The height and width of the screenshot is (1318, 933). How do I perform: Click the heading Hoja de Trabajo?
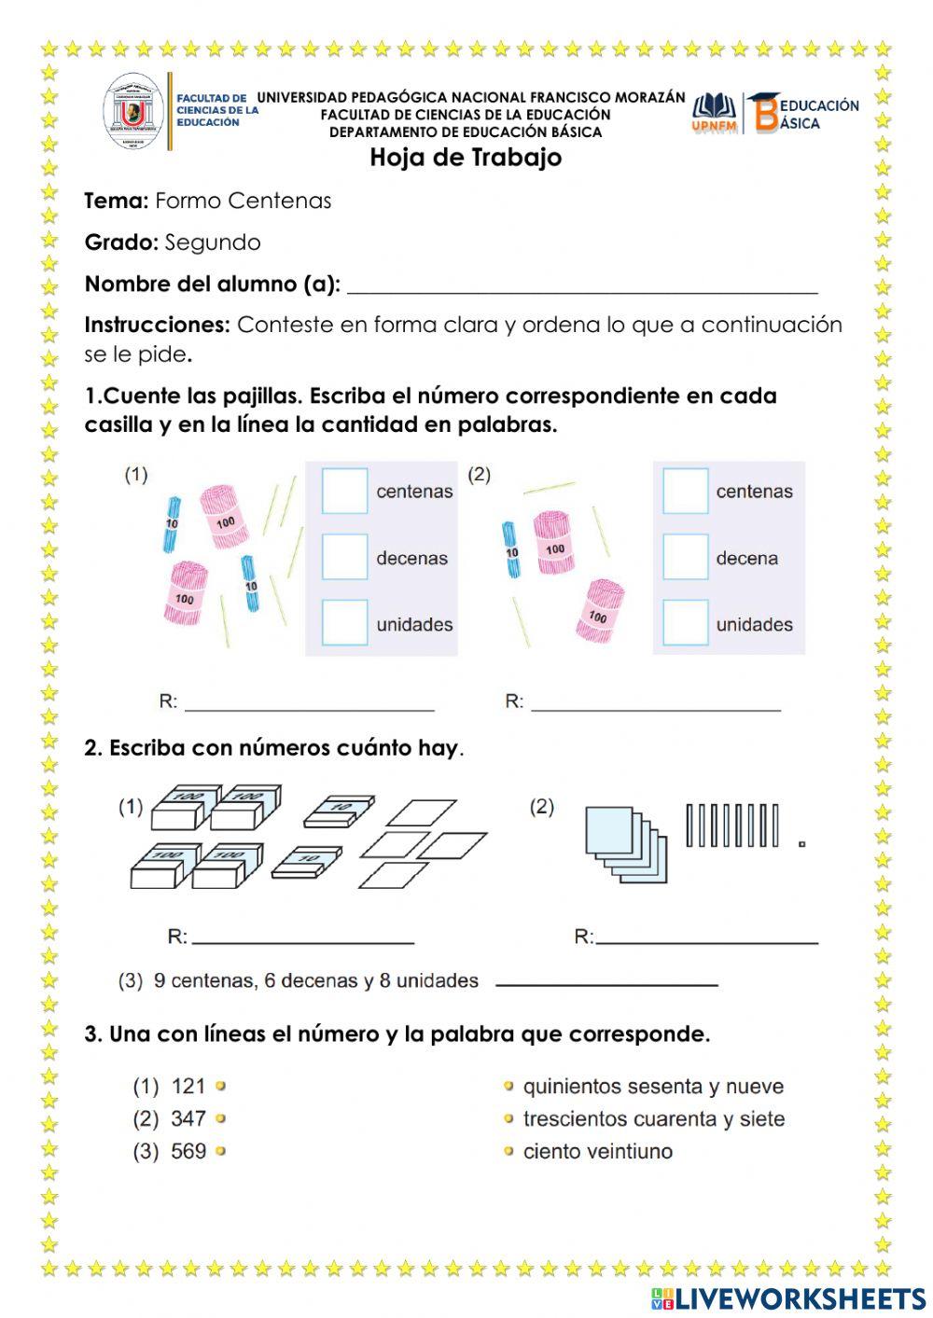click(466, 157)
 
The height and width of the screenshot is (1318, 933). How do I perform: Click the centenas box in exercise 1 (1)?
click(344, 491)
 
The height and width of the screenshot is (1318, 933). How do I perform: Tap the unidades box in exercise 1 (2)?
click(686, 623)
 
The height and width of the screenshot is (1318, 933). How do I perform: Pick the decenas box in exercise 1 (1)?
click(344, 557)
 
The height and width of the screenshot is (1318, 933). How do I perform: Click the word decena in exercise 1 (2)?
click(746, 558)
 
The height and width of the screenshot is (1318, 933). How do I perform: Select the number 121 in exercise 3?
click(188, 1086)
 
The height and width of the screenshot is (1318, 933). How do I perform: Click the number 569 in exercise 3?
click(188, 1151)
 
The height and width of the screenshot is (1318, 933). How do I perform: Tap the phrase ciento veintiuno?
click(597, 1151)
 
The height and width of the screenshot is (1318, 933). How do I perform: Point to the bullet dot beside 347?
click(221, 1118)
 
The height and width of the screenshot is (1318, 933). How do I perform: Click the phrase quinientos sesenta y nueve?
click(653, 1086)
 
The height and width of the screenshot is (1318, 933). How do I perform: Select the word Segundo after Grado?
click(213, 243)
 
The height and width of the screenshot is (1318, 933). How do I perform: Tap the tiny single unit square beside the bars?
click(801, 844)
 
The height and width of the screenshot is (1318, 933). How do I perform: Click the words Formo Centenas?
click(243, 201)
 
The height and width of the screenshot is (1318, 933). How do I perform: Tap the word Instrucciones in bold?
click(157, 325)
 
